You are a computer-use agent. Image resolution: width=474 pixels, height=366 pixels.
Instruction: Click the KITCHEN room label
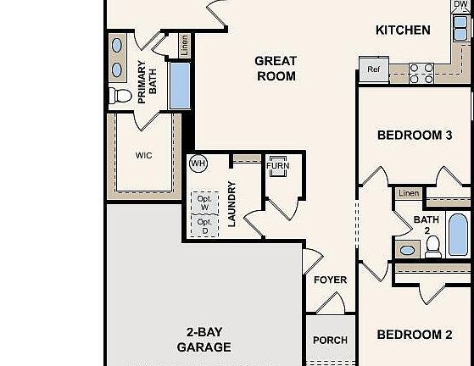tap(403, 30)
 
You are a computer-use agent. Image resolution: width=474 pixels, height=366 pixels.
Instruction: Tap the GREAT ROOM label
tap(276, 69)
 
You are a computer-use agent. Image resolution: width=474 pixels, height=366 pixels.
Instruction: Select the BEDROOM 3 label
tap(414, 136)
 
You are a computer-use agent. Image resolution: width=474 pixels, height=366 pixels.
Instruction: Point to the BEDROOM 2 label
tap(414, 335)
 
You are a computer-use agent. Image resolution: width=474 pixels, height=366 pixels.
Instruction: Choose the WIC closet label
tap(143, 156)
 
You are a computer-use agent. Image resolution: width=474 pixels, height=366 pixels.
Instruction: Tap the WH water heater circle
tap(198, 164)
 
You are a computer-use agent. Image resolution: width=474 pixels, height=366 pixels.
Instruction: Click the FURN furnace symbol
tap(277, 167)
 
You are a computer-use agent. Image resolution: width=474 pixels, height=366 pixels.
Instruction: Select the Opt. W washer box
tap(204, 202)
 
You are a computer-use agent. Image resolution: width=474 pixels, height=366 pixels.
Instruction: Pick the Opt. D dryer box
tap(204, 226)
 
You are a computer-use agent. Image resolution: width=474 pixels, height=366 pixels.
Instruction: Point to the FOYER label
tap(330, 280)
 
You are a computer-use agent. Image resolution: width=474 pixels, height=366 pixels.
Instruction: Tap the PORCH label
tap(330, 341)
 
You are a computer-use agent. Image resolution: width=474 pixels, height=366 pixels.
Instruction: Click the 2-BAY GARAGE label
tap(204, 340)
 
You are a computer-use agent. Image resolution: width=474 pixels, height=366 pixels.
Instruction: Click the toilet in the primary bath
tap(120, 97)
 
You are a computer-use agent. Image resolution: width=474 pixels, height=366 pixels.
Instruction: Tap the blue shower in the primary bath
tap(180, 85)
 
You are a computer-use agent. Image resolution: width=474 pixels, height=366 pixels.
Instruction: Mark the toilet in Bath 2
tap(432, 247)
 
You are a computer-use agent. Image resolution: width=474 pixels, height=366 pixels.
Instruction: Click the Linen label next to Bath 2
tap(409, 194)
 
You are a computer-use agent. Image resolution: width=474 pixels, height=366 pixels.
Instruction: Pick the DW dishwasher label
tap(460, 5)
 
